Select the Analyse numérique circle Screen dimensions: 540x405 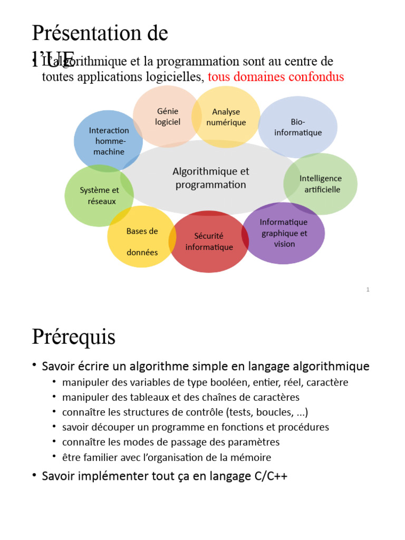226,117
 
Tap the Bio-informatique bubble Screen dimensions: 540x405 298,127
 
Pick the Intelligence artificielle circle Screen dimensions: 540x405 321,184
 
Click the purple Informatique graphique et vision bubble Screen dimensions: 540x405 284,233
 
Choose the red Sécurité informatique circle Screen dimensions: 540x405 209,242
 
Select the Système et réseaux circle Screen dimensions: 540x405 99,196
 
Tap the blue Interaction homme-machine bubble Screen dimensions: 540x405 109,141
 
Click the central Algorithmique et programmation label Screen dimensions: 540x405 210,178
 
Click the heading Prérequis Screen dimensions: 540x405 73,336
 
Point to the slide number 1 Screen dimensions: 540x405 368,290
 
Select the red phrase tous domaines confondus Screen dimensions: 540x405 276,77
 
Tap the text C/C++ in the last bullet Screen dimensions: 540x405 269,476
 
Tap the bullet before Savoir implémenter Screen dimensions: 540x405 34,476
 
